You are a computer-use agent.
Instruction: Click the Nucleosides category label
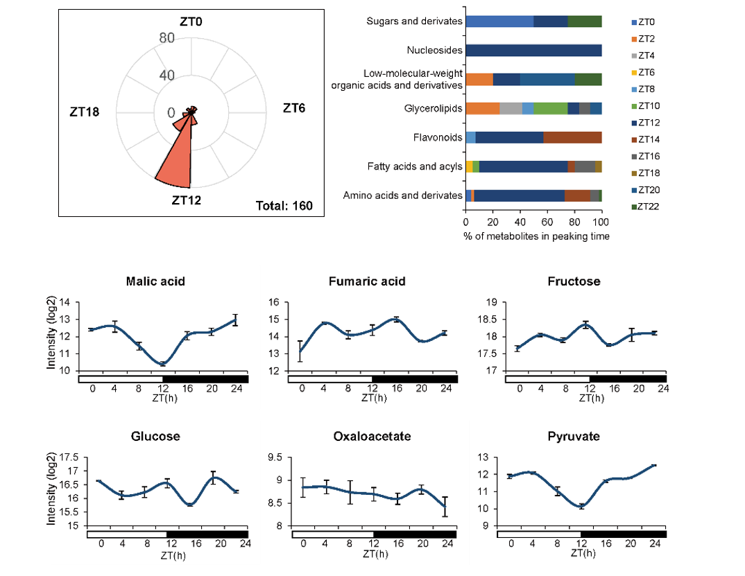click(435, 51)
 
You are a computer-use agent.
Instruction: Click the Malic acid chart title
click(155, 281)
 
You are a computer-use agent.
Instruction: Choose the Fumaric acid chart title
click(367, 281)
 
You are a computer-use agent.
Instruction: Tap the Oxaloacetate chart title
click(372, 436)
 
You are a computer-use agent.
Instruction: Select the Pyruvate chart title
click(574, 436)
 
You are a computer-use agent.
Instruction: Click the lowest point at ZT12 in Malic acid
click(162, 363)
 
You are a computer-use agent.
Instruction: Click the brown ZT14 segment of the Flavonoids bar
click(572, 137)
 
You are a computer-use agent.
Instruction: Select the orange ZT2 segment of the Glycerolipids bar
click(482, 108)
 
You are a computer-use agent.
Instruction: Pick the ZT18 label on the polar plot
click(85, 111)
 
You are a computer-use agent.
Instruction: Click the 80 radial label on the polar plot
click(166, 38)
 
